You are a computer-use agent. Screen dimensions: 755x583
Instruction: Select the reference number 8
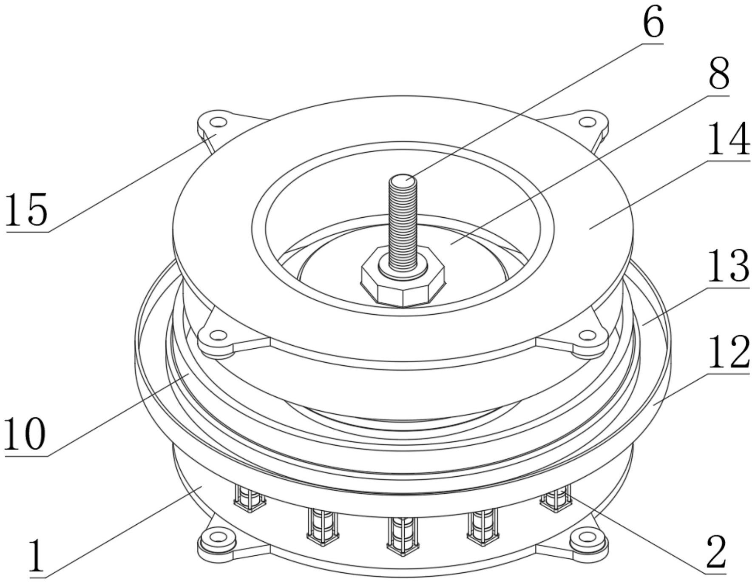718,74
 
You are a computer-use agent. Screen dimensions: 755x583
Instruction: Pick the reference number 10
24,433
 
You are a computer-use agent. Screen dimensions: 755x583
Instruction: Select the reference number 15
26,209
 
